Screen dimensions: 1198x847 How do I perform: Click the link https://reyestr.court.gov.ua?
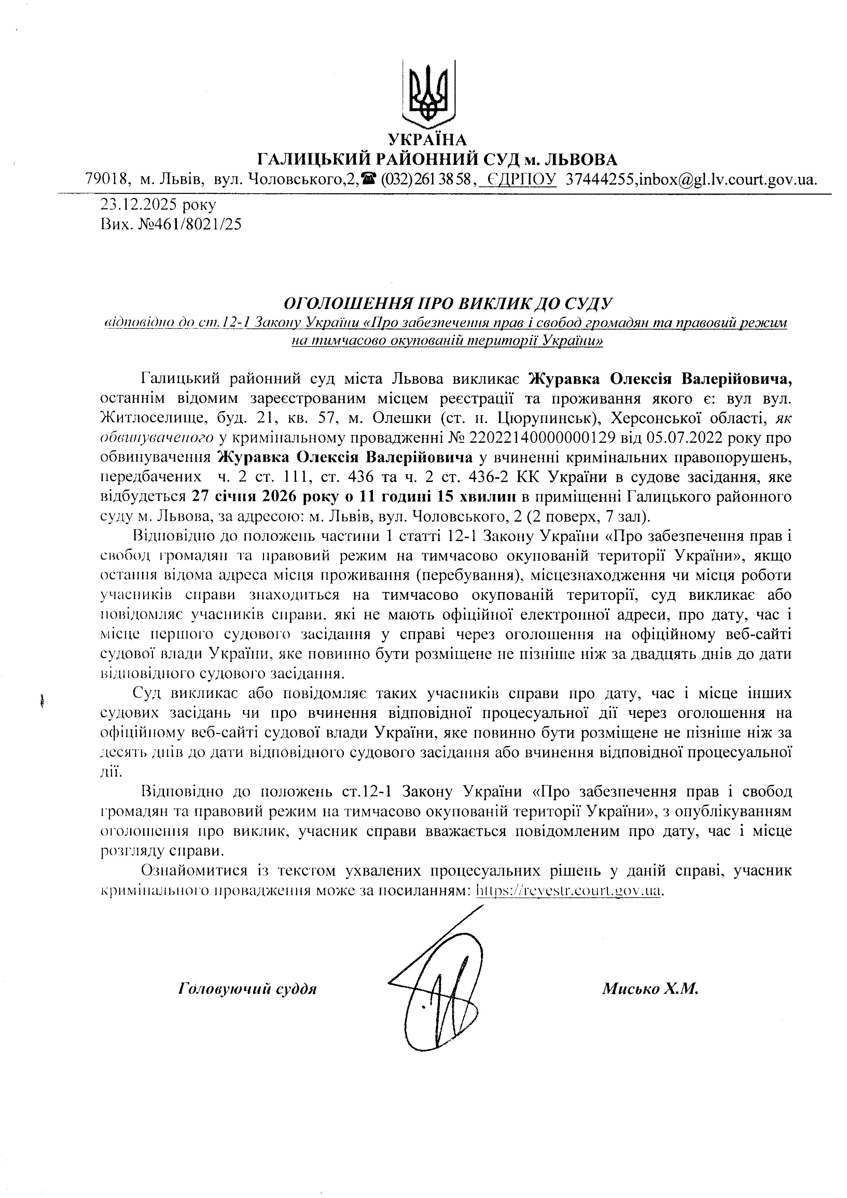tap(569, 891)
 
